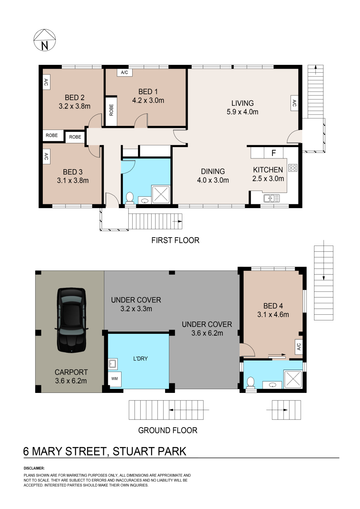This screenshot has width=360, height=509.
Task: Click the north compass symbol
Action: click(45, 40)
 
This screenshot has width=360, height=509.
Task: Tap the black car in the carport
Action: click(71, 320)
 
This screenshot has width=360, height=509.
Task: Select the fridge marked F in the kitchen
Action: click(274, 153)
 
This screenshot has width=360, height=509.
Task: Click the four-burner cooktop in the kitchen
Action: click(293, 168)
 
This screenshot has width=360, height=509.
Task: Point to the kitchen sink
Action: click(272, 198)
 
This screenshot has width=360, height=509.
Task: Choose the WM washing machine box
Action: click(115, 379)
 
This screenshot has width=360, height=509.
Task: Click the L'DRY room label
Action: click(140, 359)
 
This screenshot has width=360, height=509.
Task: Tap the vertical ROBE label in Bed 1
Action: click(111, 110)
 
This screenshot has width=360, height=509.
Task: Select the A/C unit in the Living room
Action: click(294, 103)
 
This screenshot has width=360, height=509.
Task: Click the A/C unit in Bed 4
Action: click(298, 347)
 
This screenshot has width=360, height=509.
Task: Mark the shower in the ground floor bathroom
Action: click(293, 379)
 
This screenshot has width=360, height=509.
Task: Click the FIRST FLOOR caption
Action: click(175, 240)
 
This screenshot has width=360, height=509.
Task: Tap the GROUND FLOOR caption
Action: click(167, 430)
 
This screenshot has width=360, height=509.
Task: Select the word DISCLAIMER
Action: click(34, 468)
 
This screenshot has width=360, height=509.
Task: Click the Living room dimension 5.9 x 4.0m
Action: click(242, 112)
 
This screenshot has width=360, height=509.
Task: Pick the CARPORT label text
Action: click(71, 372)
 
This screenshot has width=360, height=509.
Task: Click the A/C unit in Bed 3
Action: click(46, 157)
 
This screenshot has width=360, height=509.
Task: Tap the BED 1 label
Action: click(148, 92)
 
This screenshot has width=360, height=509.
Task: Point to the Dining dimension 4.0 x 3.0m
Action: click(213, 180)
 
